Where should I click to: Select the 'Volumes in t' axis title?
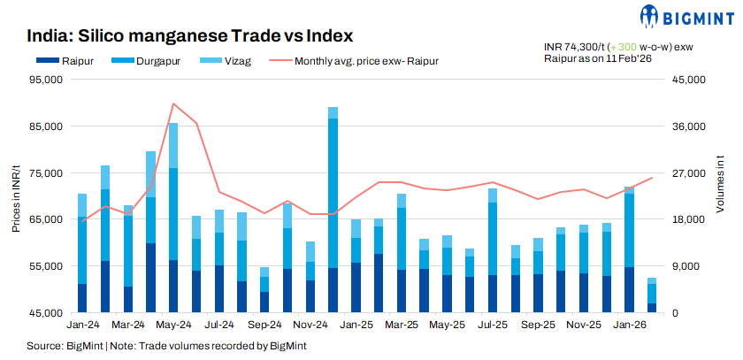click(x=720, y=196)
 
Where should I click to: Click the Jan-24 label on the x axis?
click(x=82, y=326)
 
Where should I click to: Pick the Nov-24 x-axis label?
click(x=310, y=326)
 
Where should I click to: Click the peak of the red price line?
click(x=173, y=103)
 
